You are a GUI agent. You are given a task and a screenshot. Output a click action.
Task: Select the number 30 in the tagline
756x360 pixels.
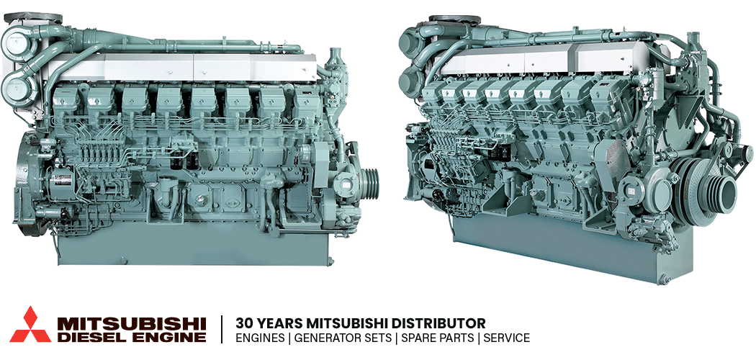(243, 322)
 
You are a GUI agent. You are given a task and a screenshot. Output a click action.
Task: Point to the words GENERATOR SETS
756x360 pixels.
(343, 338)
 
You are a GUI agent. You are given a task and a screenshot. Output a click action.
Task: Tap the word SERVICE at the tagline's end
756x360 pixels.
(506, 338)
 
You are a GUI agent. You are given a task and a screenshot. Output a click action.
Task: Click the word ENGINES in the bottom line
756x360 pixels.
(260, 338)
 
